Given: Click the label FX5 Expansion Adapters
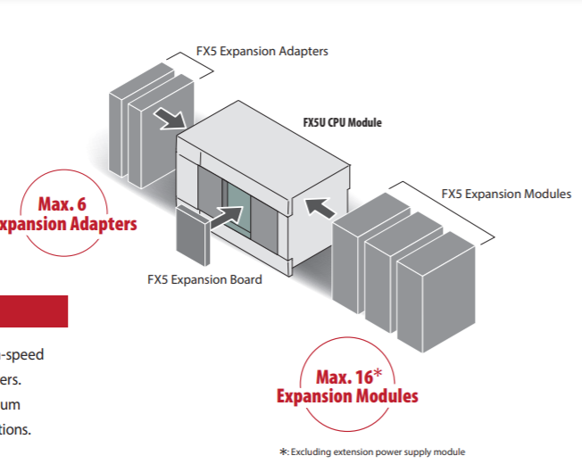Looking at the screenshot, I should tap(262, 51).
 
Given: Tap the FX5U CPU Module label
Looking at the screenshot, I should tap(342, 122).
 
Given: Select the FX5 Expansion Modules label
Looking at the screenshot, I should tap(506, 194).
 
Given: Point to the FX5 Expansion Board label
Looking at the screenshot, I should tap(204, 279).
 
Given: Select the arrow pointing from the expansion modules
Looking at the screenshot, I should tap(320, 208).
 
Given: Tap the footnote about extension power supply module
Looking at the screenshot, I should tap(372, 452).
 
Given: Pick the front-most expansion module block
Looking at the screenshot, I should tap(435, 294).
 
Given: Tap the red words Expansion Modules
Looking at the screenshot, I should tap(347, 396).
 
